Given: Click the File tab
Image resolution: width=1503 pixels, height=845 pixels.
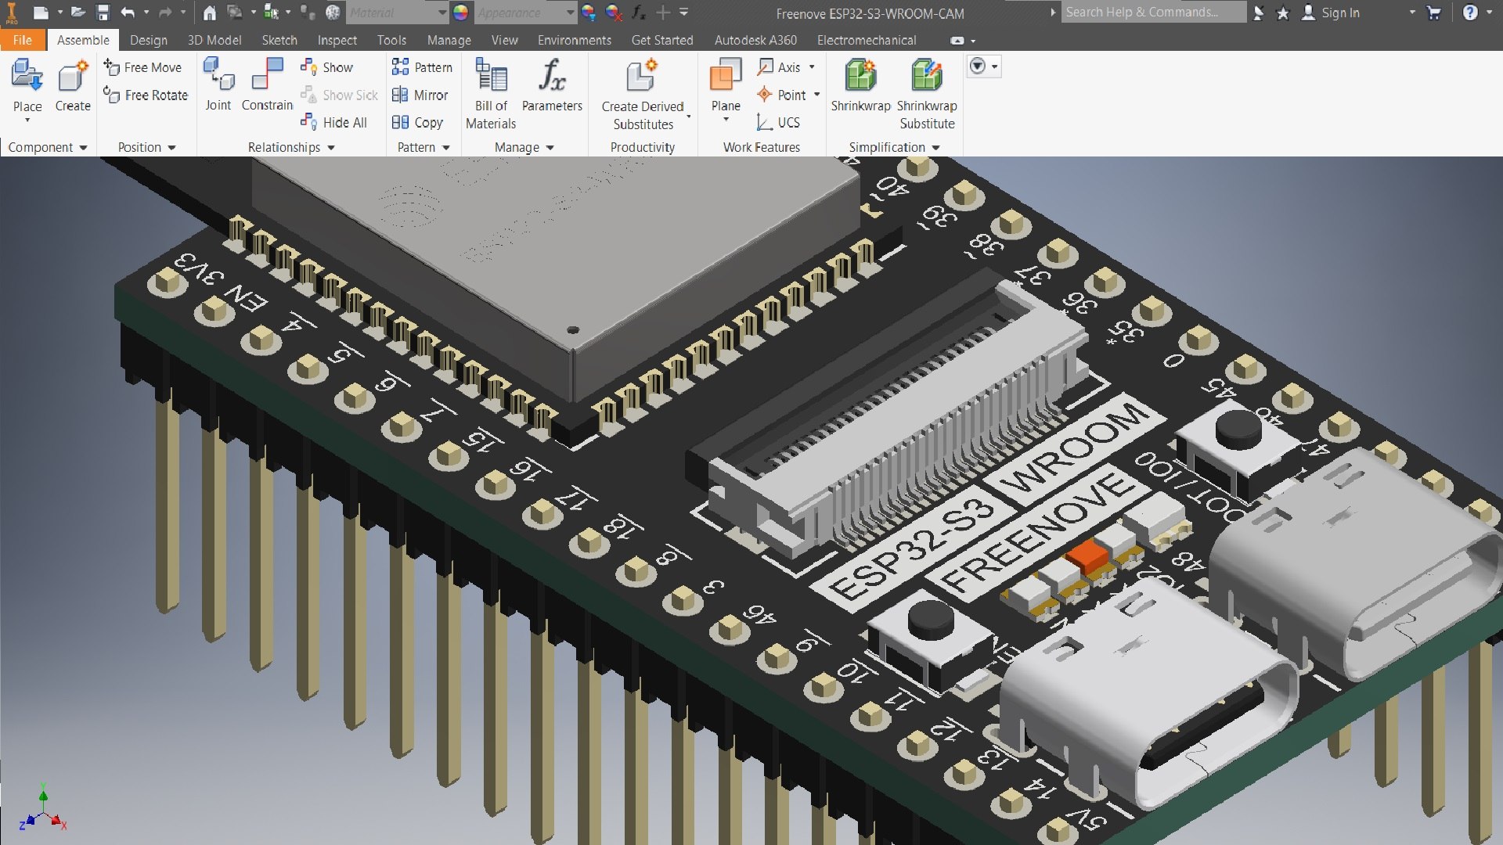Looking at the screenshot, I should [x=22, y=40].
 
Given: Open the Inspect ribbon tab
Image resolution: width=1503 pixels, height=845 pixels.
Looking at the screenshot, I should [x=337, y=40].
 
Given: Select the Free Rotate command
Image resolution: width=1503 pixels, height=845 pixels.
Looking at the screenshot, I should [x=146, y=95].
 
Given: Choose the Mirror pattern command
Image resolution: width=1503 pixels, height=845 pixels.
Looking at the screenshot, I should [x=420, y=95].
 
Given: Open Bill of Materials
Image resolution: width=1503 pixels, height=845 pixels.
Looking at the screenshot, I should [x=491, y=94].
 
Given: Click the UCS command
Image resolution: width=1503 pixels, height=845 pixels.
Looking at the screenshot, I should [x=779, y=122].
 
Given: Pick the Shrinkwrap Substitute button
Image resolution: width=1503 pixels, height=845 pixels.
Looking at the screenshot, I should [x=927, y=94].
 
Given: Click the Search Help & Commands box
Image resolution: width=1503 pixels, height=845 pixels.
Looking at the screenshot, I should [x=1151, y=13].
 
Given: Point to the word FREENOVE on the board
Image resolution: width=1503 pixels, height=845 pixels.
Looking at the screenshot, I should [x=1037, y=532].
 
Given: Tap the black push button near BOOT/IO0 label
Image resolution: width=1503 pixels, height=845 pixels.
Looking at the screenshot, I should [x=1238, y=430].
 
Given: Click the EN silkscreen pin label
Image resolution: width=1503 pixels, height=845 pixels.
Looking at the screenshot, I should [x=246, y=298].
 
